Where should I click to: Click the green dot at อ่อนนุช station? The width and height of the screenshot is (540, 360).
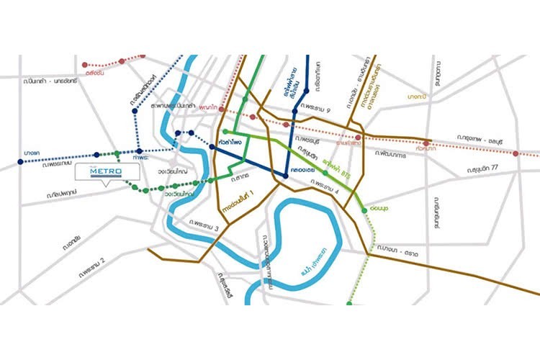point(364,209)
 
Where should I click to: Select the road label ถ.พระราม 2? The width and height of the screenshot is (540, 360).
point(88,260)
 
